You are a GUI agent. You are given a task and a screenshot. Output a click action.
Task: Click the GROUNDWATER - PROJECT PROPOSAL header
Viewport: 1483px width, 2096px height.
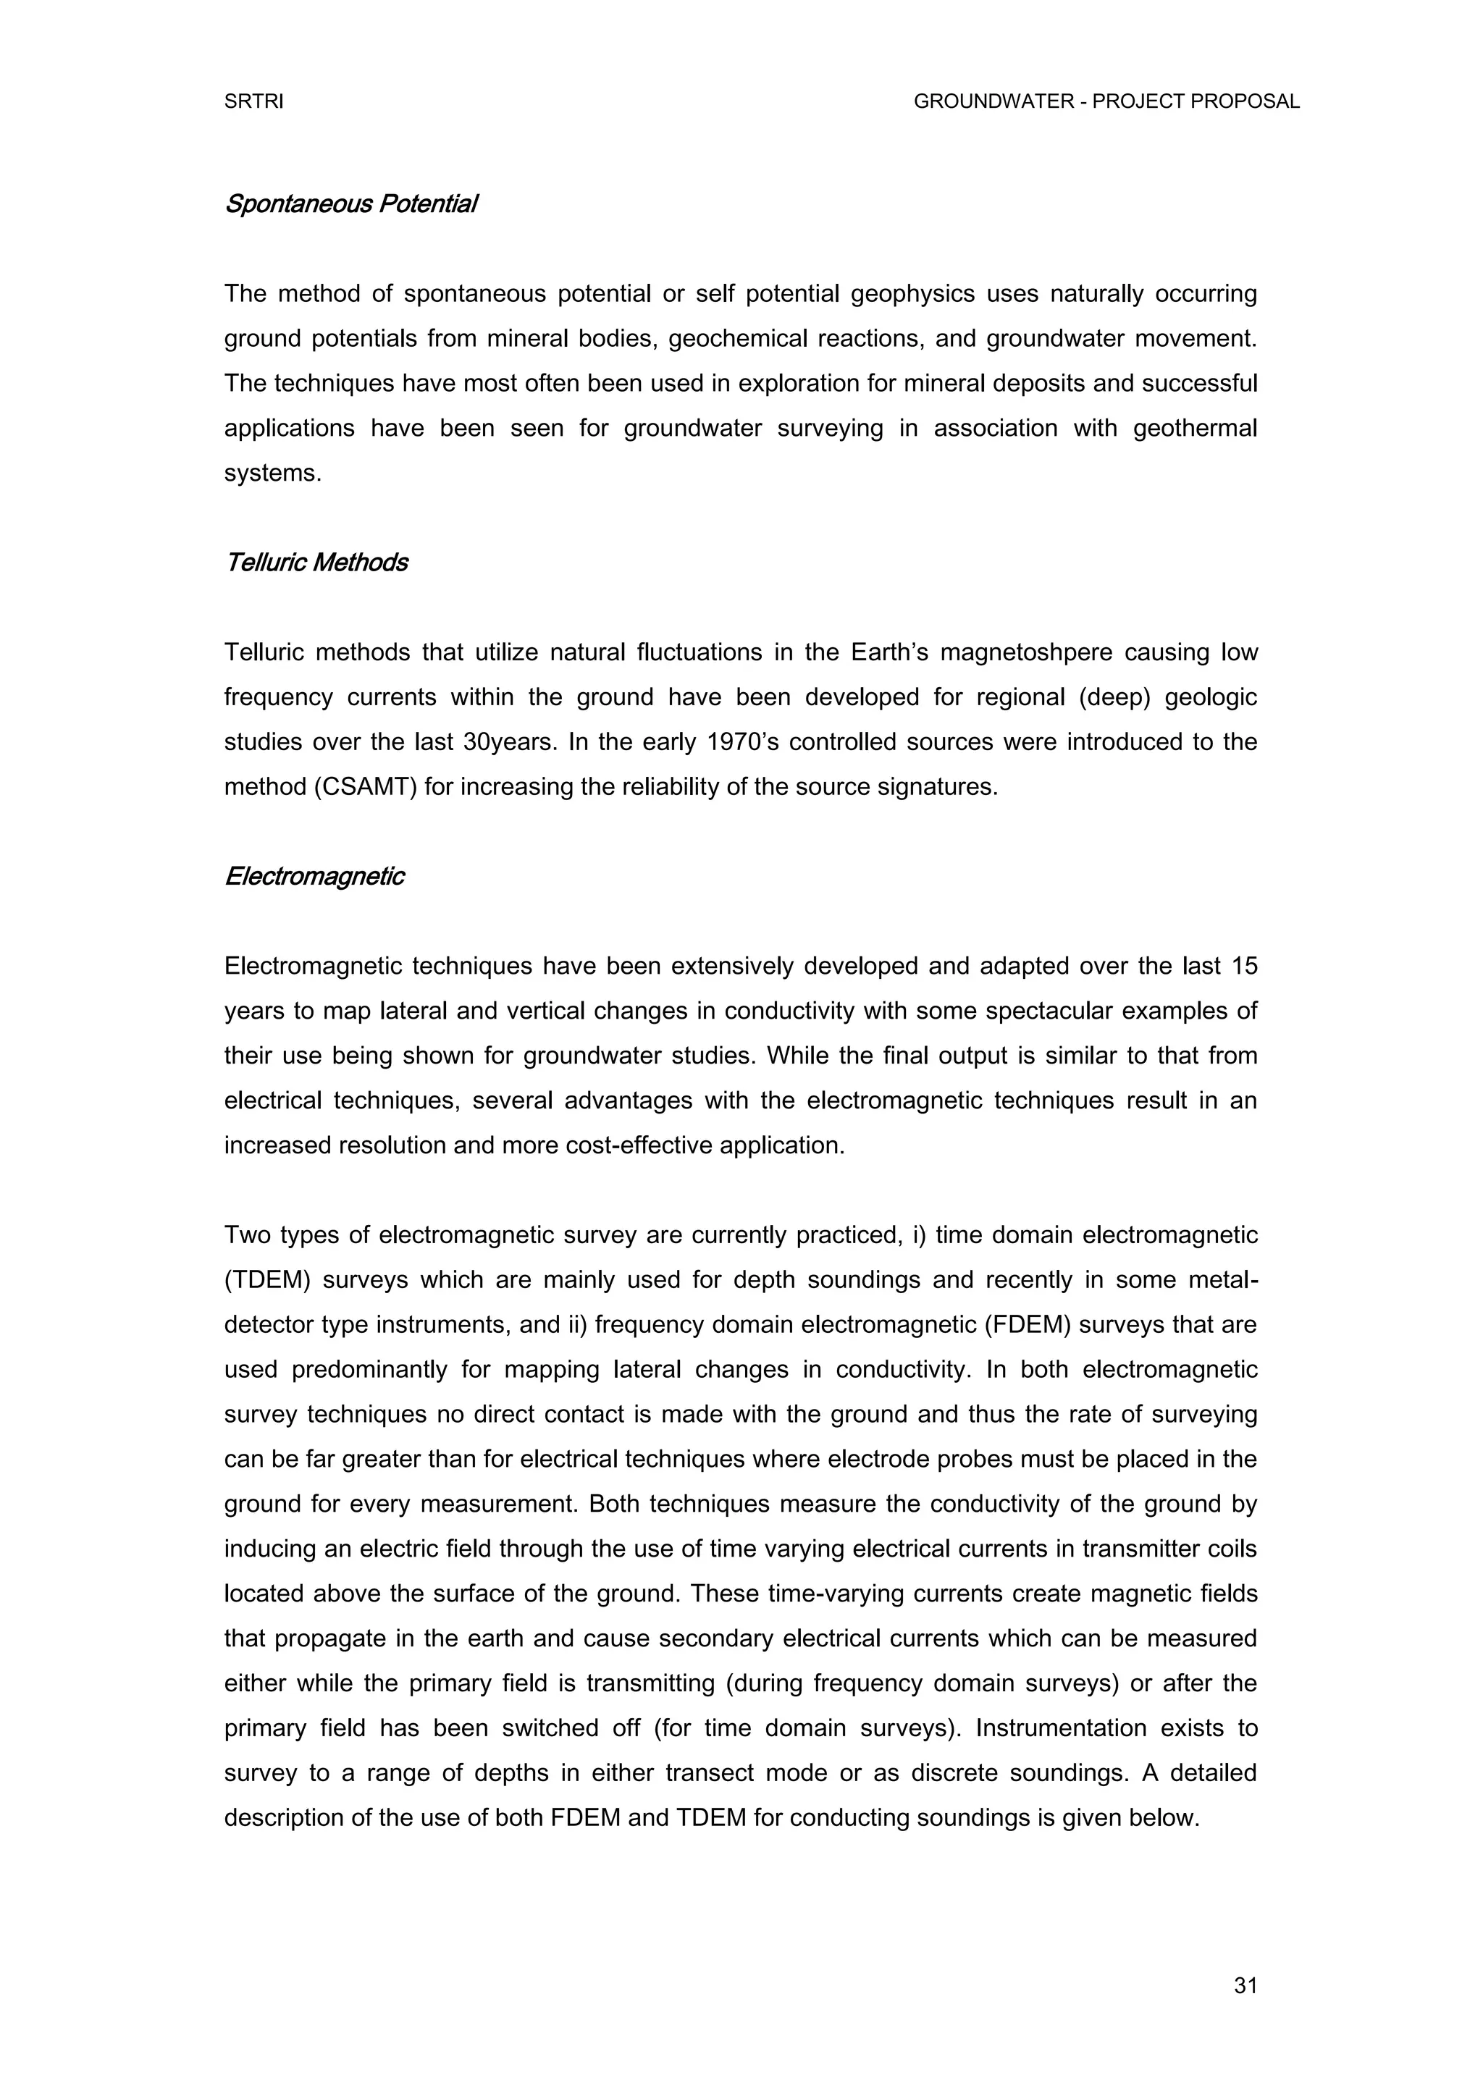tap(1106, 102)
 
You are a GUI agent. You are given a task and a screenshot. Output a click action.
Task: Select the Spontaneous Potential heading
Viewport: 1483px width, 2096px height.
tap(350, 203)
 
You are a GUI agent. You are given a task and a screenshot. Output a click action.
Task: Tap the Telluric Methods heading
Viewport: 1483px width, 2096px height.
tap(316, 563)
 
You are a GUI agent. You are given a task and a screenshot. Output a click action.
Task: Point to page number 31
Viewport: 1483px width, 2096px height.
tap(1245, 1985)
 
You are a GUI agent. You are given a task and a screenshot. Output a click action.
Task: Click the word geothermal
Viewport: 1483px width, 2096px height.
tap(1194, 428)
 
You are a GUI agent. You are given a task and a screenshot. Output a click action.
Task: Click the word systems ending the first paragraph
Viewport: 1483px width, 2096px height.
tap(273, 474)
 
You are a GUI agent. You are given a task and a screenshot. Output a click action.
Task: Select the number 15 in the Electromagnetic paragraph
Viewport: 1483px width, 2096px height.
tap(1244, 966)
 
